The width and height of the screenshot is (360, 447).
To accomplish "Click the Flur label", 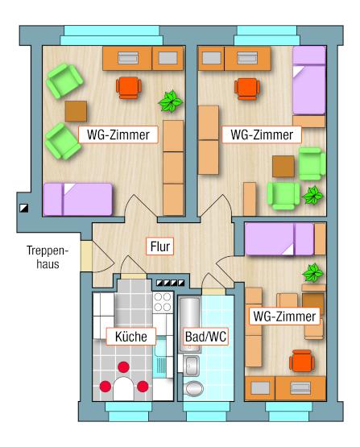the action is pyautogui.click(x=160, y=246).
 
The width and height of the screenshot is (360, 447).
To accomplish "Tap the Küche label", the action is pyautogui.click(x=131, y=337).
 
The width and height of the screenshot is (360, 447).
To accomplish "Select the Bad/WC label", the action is pyautogui.click(x=205, y=337).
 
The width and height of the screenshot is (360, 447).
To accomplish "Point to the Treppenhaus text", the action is pyautogui.click(x=48, y=258).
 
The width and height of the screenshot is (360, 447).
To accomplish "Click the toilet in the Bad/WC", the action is pyautogui.click(x=194, y=388).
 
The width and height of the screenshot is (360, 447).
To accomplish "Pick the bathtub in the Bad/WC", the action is pyautogui.click(x=190, y=325).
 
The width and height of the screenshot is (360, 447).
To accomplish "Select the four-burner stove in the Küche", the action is pyautogui.click(x=163, y=302).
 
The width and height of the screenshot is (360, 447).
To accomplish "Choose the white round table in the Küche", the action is pyautogui.click(x=123, y=388).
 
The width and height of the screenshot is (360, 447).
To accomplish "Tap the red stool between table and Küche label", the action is pyautogui.click(x=123, y=367).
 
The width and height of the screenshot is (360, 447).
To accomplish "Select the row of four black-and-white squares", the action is pyautogui.click(x=171, y=283).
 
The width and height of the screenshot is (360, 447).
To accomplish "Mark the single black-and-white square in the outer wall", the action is pyautogui.click(x=24, y=208).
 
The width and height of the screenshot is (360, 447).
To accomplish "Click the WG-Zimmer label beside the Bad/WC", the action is pyautogui.click(x=284, y=317).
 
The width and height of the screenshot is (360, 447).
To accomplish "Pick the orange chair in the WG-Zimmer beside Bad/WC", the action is pyautogui.click(x=302, y=362).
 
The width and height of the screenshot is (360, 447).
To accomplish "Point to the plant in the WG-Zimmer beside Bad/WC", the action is pyautogui.click(x=313, y=272).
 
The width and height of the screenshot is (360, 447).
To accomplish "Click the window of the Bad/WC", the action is pyautogui.click(x=206, y=411).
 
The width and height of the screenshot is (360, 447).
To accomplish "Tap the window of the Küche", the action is pyautogui.click(x=129, y=411).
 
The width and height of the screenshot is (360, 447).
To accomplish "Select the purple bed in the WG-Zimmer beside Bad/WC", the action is pyautogui.click(x=279, y=239).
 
